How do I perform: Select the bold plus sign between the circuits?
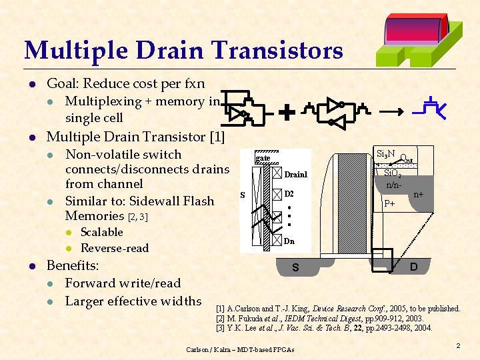(x=287, y=113)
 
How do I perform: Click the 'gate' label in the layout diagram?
(x=263, y=157)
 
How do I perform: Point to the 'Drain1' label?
(x=295, y=175)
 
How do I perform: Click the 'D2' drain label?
(x=289, y=194)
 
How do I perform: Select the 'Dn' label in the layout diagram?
(x=289, y=241)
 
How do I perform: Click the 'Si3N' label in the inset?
(x=385, y=154)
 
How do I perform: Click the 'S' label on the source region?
(x=294, y=268)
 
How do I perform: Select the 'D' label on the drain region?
(x=414, y=267)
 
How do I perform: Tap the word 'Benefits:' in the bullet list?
(x=73, y=265)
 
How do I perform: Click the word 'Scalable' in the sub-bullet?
(x=101, y=232)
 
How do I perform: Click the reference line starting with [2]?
(x=327, y=318)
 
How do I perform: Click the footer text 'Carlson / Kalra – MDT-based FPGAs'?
(x=240, y=349)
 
